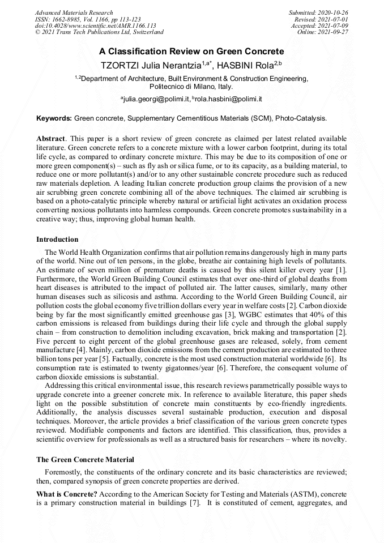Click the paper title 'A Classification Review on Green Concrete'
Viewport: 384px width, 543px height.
tap(192, 52)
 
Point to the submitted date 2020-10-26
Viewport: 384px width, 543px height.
tap(332, 12)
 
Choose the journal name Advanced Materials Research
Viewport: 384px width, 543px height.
tap(74, 12)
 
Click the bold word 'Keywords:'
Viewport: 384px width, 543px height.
tap(54, 119)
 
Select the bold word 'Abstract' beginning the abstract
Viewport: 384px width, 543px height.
tap(50, 139)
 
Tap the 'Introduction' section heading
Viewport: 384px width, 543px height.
tap(57, 240)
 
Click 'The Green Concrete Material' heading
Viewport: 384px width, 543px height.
tap(85, 459)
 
